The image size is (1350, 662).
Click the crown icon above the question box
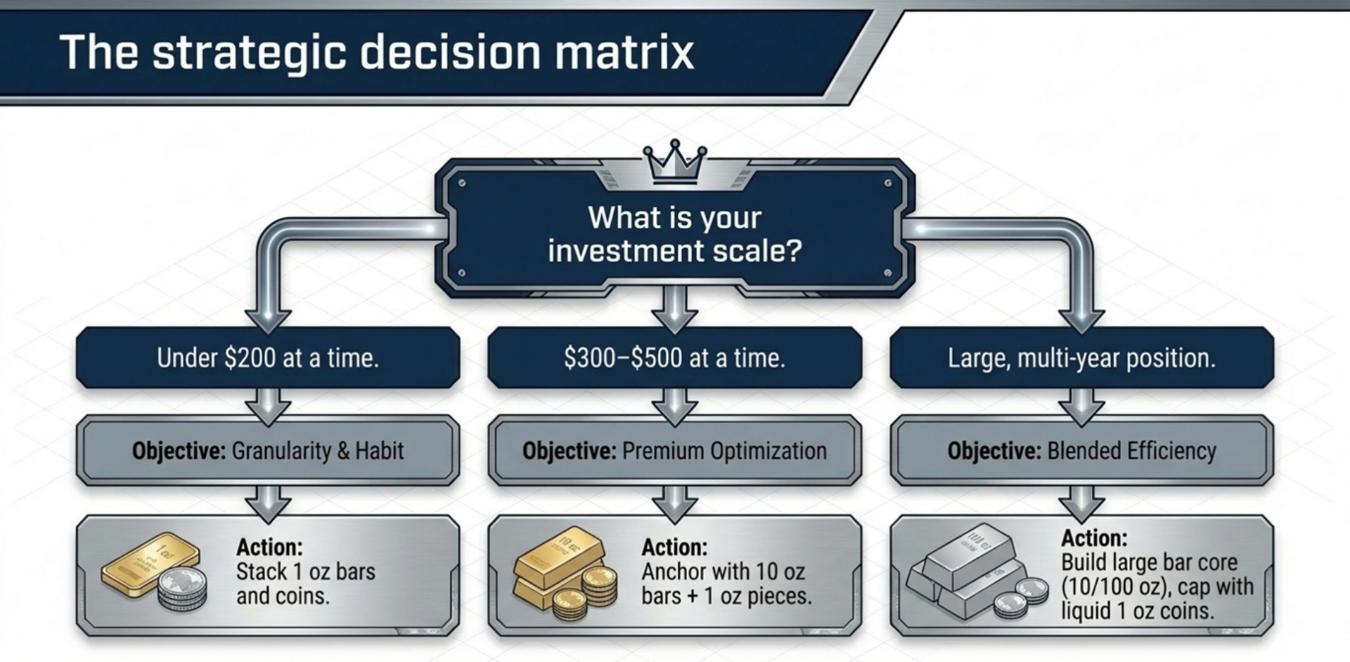point(675,162)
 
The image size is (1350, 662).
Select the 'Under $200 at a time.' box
point(268,358)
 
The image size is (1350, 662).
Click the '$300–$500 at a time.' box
point(674,358)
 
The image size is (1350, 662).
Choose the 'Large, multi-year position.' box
point(1081,358)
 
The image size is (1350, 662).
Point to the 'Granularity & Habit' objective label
point(317,450)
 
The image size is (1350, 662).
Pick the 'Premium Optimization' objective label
point(724,450)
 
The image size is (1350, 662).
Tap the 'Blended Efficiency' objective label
point(1131,450)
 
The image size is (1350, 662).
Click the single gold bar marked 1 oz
point(149,563)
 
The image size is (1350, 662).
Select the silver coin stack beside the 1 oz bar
point(182,590)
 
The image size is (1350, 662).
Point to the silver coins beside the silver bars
point(1020,597)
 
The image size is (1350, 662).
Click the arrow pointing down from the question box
point(675,309)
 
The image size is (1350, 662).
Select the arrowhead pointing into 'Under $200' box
point(268,320)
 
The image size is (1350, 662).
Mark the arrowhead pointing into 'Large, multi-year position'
point(1081,320)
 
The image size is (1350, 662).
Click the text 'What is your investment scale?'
point(675,234)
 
